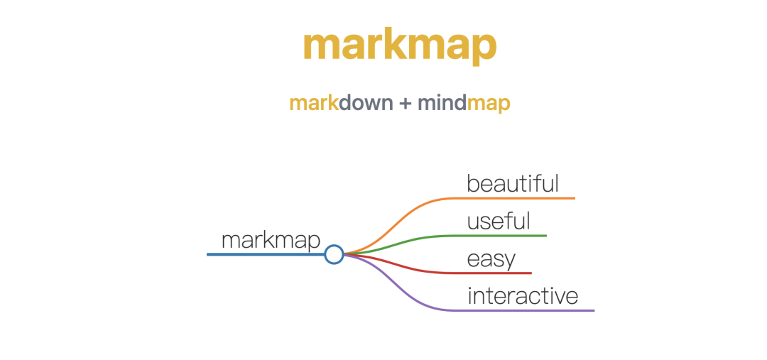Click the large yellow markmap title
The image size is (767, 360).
tap(399, 45)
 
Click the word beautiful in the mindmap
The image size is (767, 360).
tap(513, 183)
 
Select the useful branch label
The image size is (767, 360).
tap(499, 221)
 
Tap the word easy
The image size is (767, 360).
tap(491, 259)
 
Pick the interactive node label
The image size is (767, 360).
tap(523, 295)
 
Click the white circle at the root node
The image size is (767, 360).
tap(334, 254)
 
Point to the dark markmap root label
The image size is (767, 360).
tap(271, 240)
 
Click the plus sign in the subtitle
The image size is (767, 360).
tap(405, 104)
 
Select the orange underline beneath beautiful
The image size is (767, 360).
tap(526, 198)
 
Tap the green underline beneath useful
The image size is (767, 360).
tap(511, 235)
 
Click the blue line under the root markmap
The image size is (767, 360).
tap(263, 254)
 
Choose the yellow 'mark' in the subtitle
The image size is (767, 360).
tap(313, 104)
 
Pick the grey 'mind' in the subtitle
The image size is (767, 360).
tap(442, 104)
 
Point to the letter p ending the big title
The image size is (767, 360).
tap(483, 48)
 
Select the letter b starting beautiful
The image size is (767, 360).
tap(472, 183)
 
